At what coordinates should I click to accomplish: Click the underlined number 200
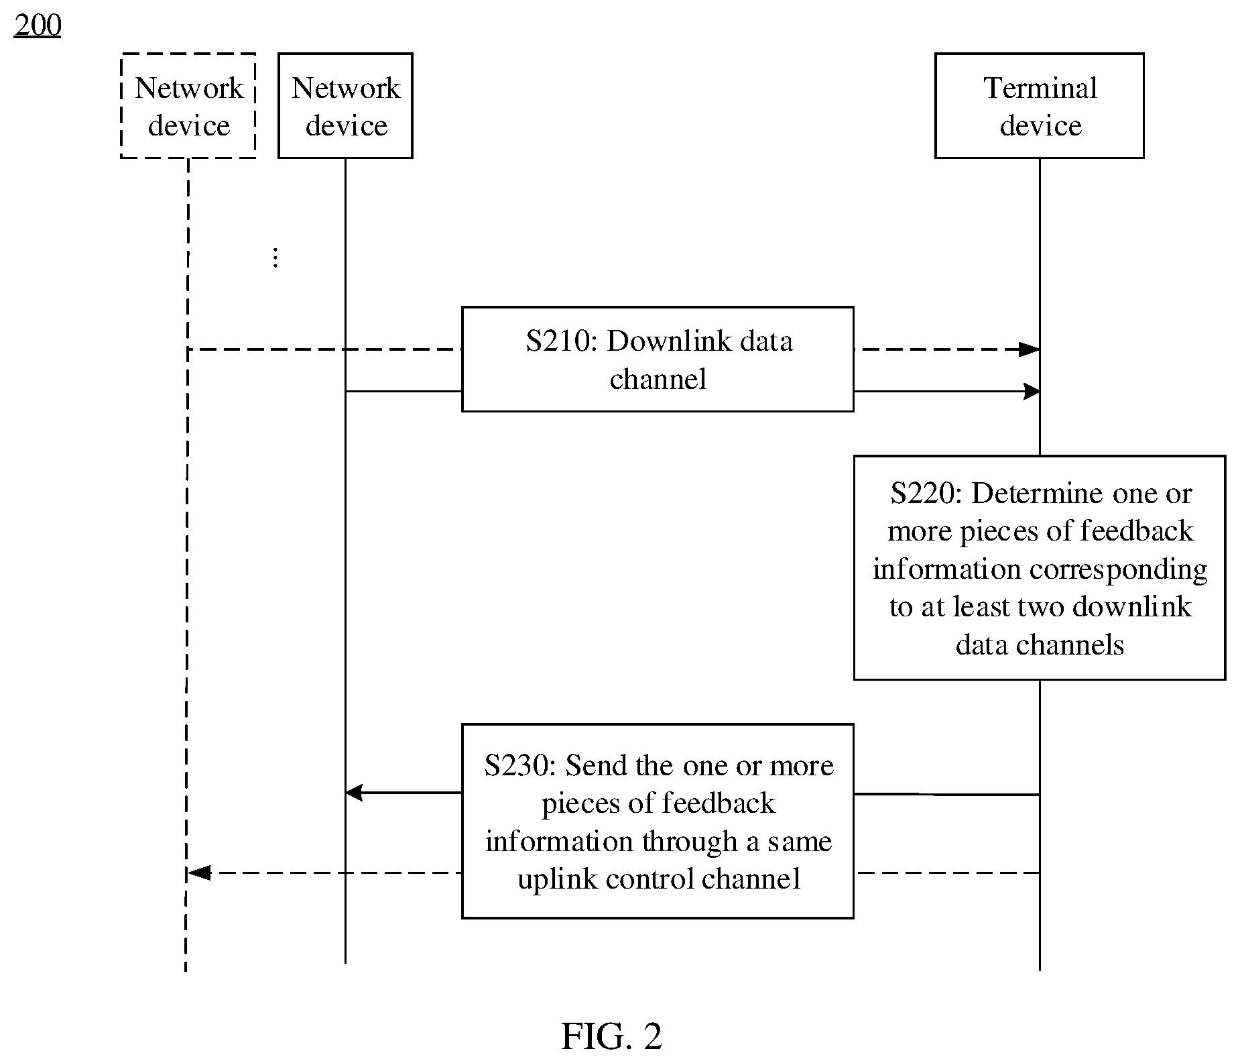(38, 25)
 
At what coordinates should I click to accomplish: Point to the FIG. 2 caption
(611, 1036)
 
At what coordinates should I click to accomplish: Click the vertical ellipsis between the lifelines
(275, 258)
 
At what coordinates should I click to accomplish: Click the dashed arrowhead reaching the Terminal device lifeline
(1030, 349)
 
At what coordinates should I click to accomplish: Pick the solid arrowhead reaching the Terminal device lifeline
(1032, 391)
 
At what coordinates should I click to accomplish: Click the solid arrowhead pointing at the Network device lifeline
(354, 793)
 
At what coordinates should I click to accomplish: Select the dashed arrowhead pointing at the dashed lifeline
(199, 873)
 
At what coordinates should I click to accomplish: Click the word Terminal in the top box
(1040, 88)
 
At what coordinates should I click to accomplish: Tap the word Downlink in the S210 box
(649, 341)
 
